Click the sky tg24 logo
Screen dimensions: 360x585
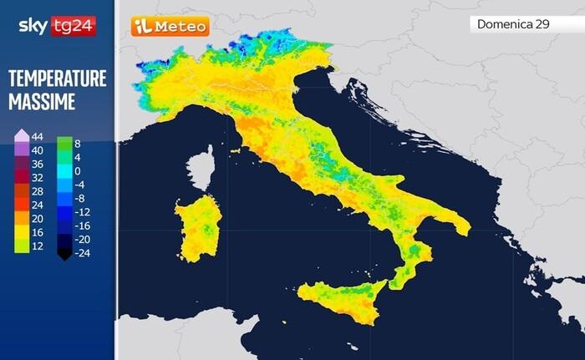(x=56, y=26)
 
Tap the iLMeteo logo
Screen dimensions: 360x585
(x=170, y=27)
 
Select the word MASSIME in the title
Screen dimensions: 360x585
(x=42, y=103)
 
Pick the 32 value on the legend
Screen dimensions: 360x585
(x=36, y=178)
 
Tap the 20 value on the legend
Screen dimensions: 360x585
(x=36, y=219)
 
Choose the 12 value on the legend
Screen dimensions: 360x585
(x=36, y=246)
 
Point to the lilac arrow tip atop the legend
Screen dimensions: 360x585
(x=22, y=134)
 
